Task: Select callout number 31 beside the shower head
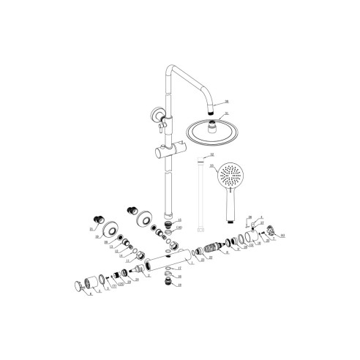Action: click(x=226, y=113)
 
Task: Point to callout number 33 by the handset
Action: click(x=212, y=166)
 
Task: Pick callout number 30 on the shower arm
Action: click(x=227, y=101)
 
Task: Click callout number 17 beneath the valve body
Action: click(x=179, y=269)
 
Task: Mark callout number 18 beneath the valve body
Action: click(x=179, y=276)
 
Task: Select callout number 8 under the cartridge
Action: click(x=227, y=252)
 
